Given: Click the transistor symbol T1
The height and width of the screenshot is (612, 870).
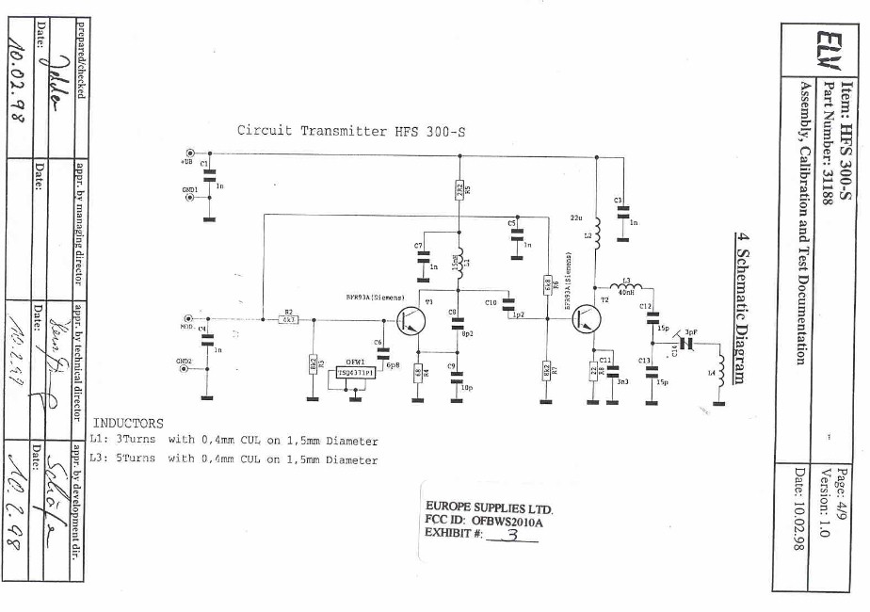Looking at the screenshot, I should click(411, 321).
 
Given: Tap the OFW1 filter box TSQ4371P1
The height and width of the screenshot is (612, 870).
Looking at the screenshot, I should click(355, 373).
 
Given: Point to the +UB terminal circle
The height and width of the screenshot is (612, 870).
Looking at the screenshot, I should click(191, 153).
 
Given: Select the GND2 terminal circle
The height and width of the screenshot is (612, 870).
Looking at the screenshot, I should click(191, 368).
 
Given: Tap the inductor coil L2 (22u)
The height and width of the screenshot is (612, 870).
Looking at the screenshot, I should click(596, 231).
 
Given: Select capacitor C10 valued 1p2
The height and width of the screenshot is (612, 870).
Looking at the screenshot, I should click(508, 305).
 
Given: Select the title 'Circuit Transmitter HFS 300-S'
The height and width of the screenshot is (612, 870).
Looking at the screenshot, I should click(350, 131).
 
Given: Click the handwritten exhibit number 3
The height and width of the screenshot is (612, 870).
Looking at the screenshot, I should click(513, 535).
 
